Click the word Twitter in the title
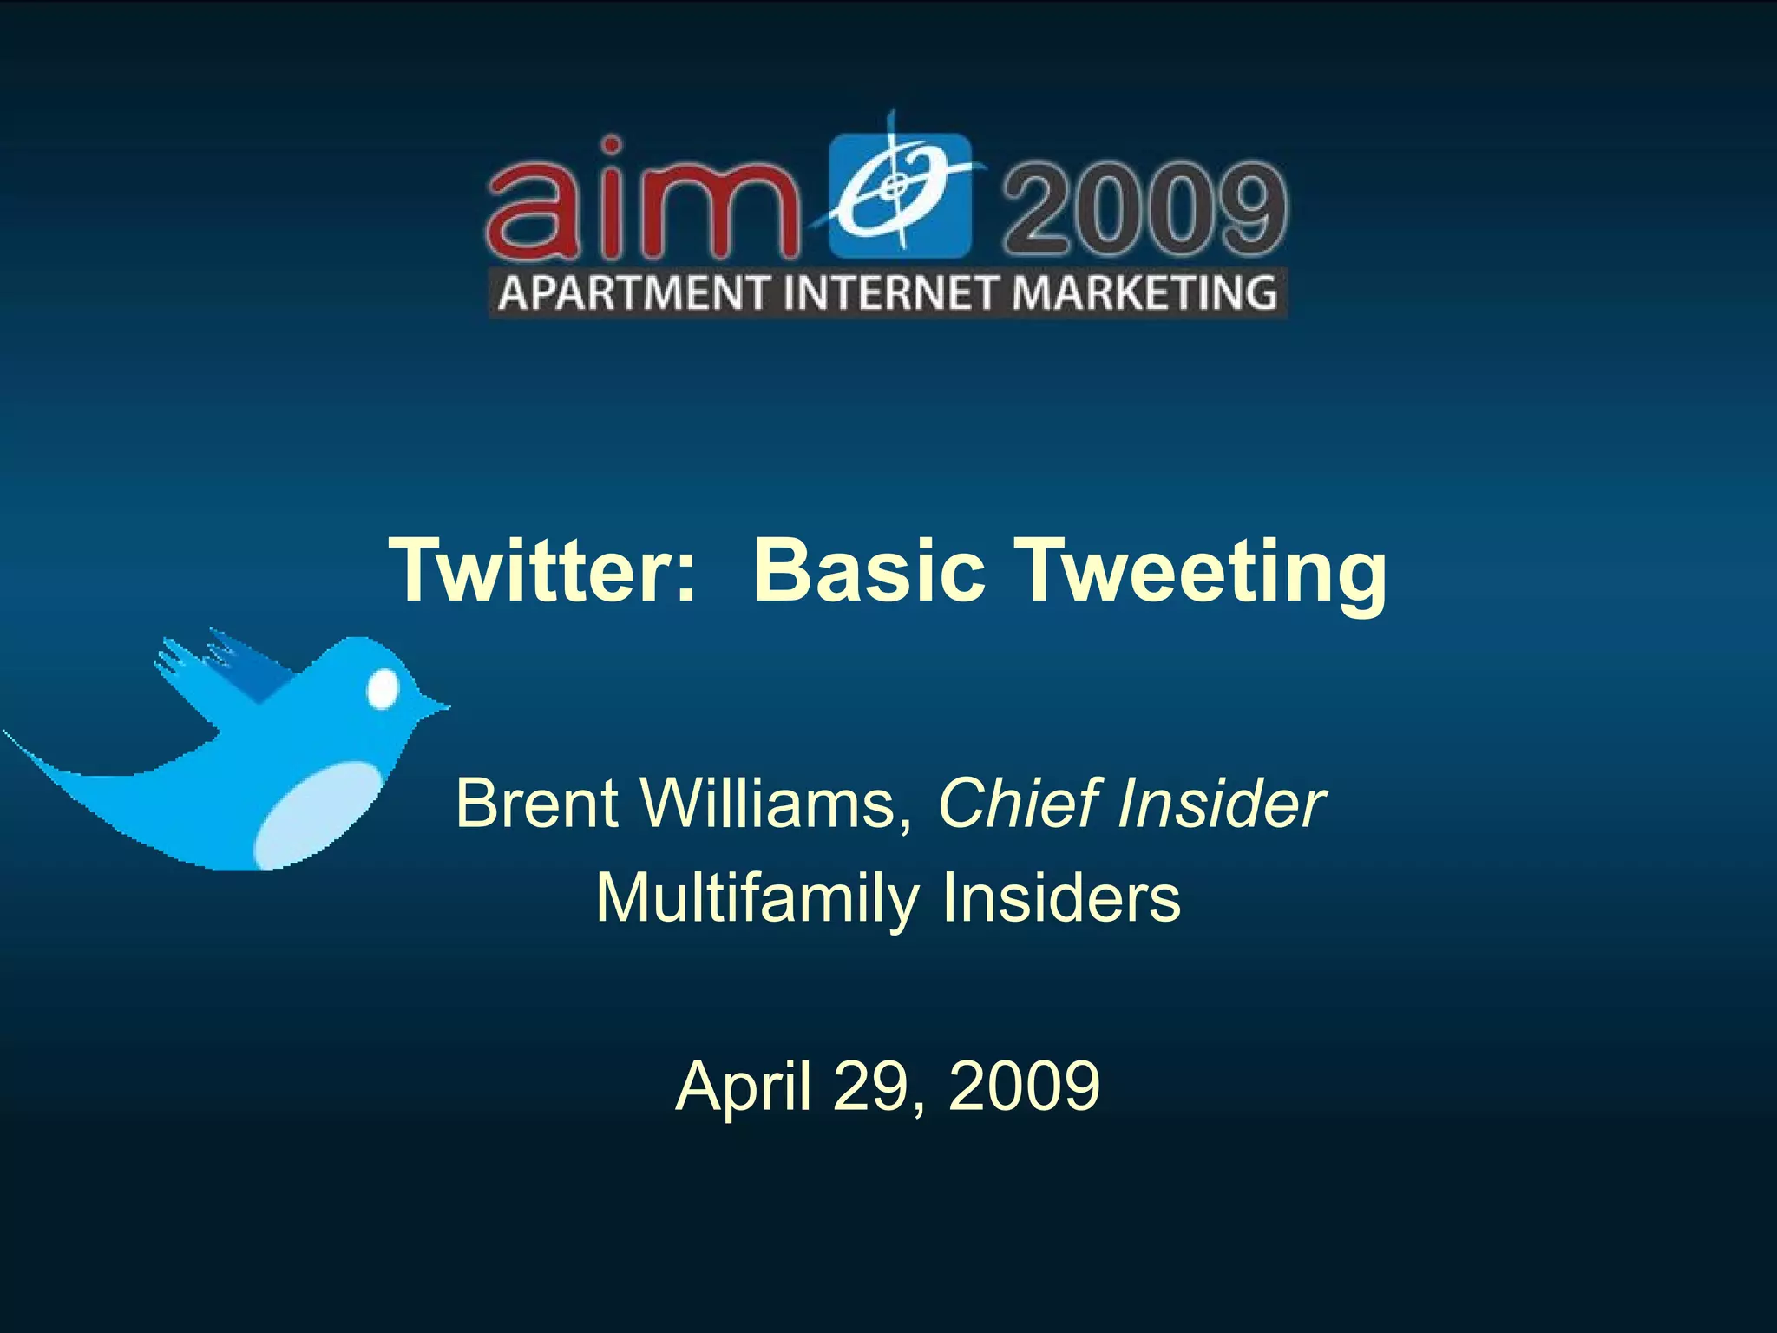(x=543, y=571)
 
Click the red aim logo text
(x=642, y=201)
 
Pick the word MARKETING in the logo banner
(x=1144, y=292)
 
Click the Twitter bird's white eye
(x=383, y=689)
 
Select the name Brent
(x=536, y=804)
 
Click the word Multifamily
(x=755, y=899)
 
